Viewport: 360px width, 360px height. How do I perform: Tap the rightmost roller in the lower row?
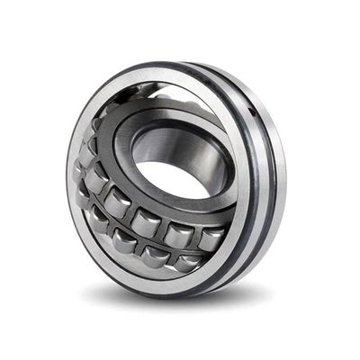click(188, 261)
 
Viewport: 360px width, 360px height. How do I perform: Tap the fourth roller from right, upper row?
click(118, 203)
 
